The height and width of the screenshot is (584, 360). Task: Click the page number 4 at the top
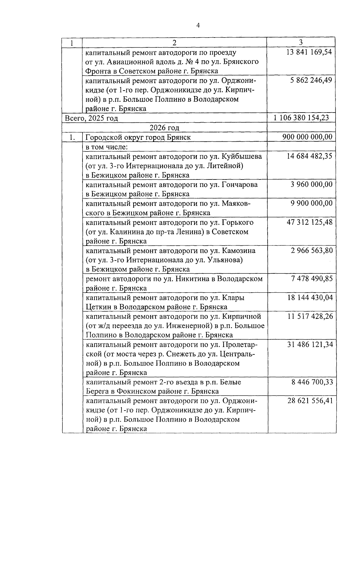coord(198,26)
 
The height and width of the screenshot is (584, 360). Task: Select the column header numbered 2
coord(175,43)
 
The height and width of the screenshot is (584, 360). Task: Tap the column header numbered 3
coord(301,42)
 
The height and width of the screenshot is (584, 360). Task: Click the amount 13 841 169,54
coord(309,52)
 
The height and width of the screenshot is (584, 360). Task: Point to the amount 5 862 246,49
coord(311,80)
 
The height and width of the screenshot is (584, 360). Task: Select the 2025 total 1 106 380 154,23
coord(301,118)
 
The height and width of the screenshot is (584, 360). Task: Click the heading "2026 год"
coord(164,128)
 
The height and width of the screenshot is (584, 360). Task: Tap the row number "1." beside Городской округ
coord(72,137)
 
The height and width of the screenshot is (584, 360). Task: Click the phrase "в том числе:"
coord(107,147)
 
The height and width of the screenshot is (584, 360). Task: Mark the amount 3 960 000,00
coord(311,184)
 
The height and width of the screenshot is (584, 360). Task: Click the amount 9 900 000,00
coord(311,203)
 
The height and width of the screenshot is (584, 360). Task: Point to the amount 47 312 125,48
coord(310,222)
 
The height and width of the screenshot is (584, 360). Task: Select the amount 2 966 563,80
coord(311,250)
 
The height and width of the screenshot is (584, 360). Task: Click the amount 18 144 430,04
coord(310,297)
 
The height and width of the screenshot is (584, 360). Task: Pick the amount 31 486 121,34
coord(310,344)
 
